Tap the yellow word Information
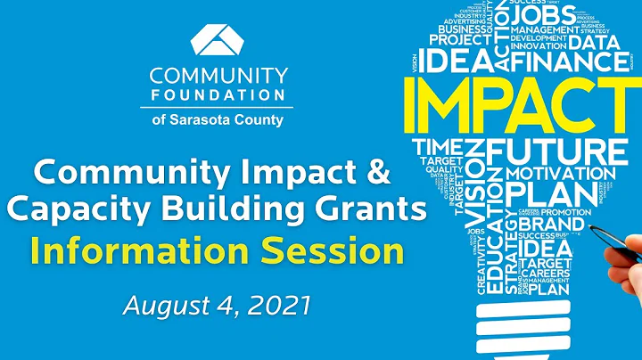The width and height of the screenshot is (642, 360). (143, 251)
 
